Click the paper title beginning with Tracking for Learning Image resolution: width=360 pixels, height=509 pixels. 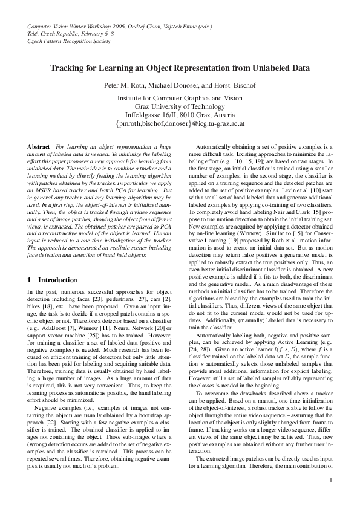[x=180, y=68]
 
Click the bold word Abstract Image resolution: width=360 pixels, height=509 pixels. [x=39, y=147]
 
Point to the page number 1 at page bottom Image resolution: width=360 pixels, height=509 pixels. [x=331, y=497]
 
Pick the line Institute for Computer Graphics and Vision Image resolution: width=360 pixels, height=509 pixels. [x=180, y=97]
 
